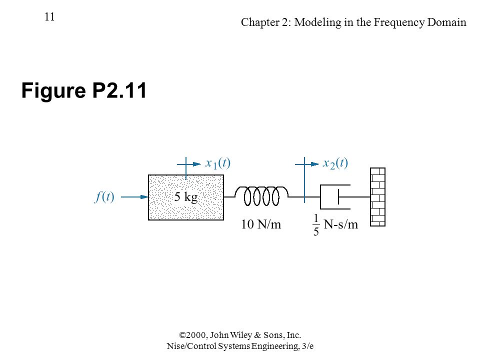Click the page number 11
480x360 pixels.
tap(49, 17)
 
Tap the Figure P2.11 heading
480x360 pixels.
tap(84, 90)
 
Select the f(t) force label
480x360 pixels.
tap(104, 197)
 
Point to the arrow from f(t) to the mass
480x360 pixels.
tap(134, 197)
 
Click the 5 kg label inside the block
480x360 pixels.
tap(186, 197)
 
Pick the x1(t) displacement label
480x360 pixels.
tap(217, 163)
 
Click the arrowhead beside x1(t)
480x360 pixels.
tap(197, 164)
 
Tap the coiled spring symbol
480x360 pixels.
tap(261, 196)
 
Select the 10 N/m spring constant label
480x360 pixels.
tap(261, 224)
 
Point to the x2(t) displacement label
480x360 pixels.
tap(335, 163)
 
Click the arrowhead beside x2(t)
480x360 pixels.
tap(314, 164)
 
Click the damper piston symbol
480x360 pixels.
tap(335, 197)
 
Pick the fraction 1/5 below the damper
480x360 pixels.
tap(316, 225)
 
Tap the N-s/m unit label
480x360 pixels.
tap(340, 224)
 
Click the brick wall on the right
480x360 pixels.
tap(378, 197)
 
